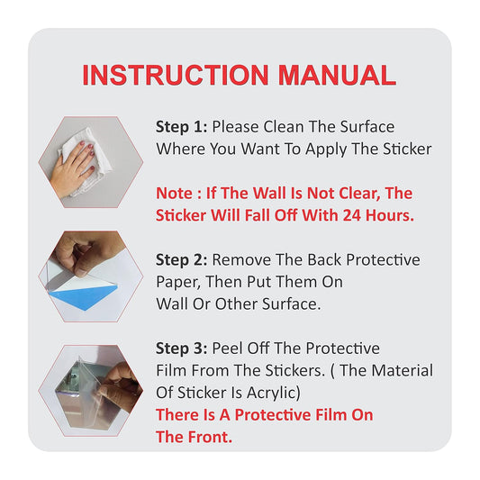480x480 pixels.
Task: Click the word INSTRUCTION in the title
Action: click(176, 76)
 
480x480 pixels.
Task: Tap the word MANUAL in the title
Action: click(337, 76)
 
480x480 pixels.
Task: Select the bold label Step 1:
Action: click(182, 127)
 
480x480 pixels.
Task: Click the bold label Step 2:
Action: click(182, 260)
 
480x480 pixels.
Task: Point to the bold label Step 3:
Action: click(182, 349)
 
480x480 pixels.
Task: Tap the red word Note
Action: click(174, 194)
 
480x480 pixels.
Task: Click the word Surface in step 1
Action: click(367, 127)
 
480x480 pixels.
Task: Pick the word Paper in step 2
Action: click(177, 282)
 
